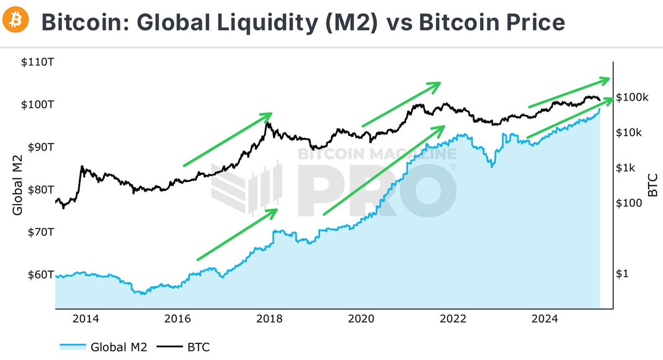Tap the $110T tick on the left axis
(x=38, y=62)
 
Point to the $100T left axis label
(x=38, y=104)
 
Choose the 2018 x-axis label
(x=270, y=319)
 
